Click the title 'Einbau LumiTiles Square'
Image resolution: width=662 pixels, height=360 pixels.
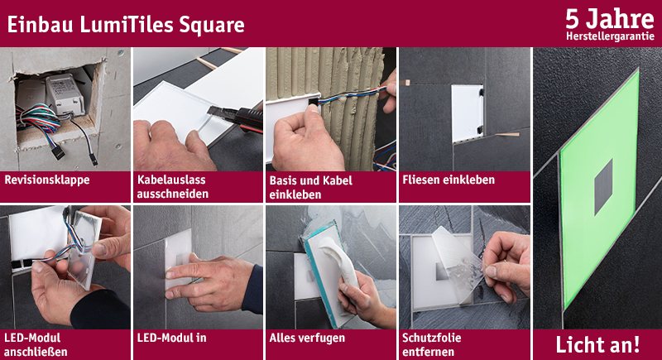point(126,25)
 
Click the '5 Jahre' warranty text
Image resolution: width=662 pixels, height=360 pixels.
point(610,19)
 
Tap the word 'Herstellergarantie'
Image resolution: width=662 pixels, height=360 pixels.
point(610,36)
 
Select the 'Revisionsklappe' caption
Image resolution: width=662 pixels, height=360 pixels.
point(47,180)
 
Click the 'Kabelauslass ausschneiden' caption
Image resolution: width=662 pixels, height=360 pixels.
point(172,187)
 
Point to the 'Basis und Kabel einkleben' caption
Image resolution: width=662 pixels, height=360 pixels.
point(311,187)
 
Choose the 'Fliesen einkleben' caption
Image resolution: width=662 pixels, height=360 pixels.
point(449,180)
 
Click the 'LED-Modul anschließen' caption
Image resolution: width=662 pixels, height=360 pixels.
point(36,344)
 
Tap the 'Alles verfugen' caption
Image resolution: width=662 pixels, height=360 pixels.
point(307,338)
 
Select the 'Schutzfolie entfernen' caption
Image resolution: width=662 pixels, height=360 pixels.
point(431,344)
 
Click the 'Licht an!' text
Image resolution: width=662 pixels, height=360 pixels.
point(597,344)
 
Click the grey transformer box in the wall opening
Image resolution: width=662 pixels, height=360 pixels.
point(65,95)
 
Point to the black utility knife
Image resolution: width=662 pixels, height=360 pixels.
point(237,118)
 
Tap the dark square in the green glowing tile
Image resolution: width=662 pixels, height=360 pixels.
point(604,187)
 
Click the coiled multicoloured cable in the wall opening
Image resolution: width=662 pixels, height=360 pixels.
point(39,119)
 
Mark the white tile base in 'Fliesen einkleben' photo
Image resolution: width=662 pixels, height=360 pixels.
point(467,113)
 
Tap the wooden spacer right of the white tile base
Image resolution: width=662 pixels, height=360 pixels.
point(507,135)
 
